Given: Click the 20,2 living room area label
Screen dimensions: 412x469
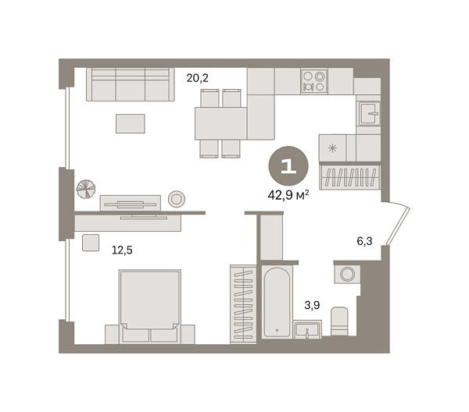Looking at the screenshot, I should (196, 78).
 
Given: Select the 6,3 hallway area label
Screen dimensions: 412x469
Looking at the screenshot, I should (364, 241).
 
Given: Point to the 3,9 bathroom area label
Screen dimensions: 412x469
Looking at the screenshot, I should (312, 305).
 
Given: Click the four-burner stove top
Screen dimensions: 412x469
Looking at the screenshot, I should (313, 82).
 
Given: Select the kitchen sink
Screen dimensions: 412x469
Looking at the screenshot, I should (369, 114).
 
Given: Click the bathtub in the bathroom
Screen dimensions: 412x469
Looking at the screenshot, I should (277, 302).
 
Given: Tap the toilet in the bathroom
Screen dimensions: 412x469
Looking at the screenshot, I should (339, 321).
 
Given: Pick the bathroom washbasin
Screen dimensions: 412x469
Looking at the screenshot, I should (308, 329).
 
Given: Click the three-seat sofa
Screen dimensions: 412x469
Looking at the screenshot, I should (129, 83).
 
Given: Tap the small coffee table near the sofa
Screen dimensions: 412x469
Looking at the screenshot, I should (131, 123).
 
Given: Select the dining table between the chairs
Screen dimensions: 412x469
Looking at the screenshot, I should (220, 123).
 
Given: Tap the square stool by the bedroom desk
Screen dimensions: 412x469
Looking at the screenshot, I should (91, 243).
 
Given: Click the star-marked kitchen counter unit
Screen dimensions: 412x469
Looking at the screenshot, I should (333, 147).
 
